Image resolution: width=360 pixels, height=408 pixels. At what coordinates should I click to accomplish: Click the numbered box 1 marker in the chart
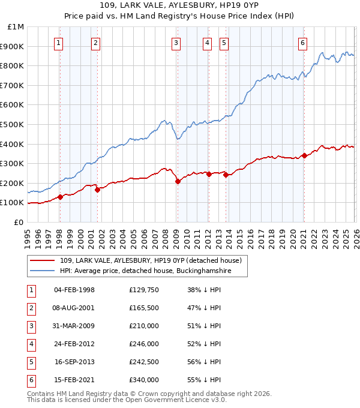click(x=59, y=42)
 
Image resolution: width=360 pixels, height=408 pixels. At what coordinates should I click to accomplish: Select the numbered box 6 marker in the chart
click(x=303, y=42)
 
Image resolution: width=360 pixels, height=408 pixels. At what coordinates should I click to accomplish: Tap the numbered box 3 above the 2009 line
click(x=176, y=42)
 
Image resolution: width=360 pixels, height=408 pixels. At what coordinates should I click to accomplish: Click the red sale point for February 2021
click(x=304, y=155)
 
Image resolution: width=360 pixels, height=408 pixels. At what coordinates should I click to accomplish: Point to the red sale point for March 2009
click(x=178, y=181)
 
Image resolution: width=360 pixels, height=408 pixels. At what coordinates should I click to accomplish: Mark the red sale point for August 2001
click(x=97, y=190)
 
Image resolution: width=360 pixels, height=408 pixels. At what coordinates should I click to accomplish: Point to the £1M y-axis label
click(x=16, y=26)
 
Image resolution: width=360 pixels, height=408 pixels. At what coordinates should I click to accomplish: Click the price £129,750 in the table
click(x=143, y=290)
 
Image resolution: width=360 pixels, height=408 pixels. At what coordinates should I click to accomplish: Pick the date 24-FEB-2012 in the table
click(x=74, y=344)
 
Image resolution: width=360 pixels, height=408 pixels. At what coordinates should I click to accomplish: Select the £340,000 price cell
click(x=143, y=380)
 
